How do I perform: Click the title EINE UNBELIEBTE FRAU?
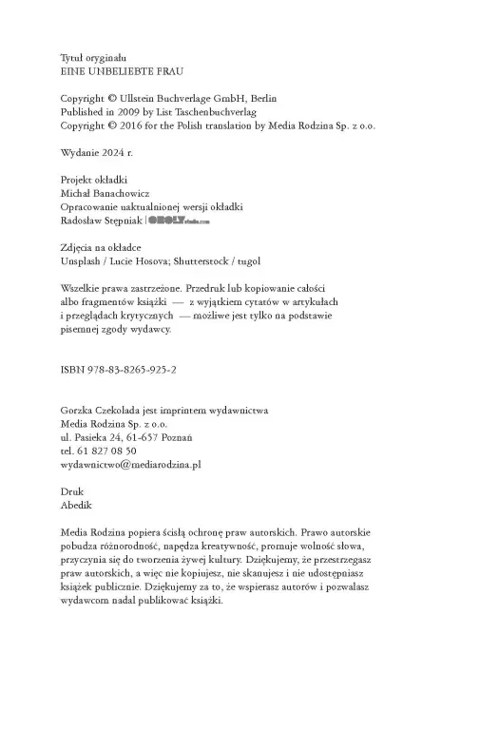122,70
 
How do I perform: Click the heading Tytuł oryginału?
93,57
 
